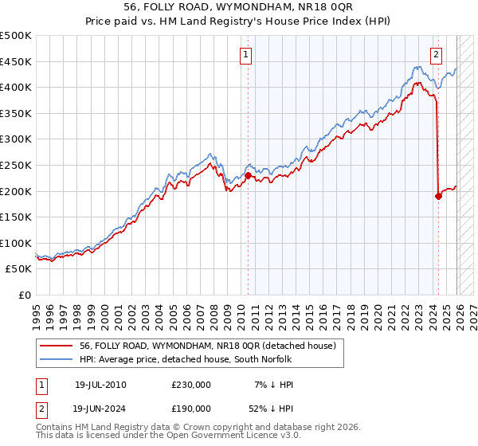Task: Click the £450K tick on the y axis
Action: click(16, 61)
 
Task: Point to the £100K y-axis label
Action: click(16, 243)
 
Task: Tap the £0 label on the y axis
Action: click(24, 295)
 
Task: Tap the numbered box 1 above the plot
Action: click(245, 55)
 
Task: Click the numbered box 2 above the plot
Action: click(437, 55)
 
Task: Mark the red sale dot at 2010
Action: click(248, 175)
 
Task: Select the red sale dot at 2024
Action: click(438, 196)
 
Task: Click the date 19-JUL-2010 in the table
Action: click(100, 385)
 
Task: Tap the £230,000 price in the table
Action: click(190, 385)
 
